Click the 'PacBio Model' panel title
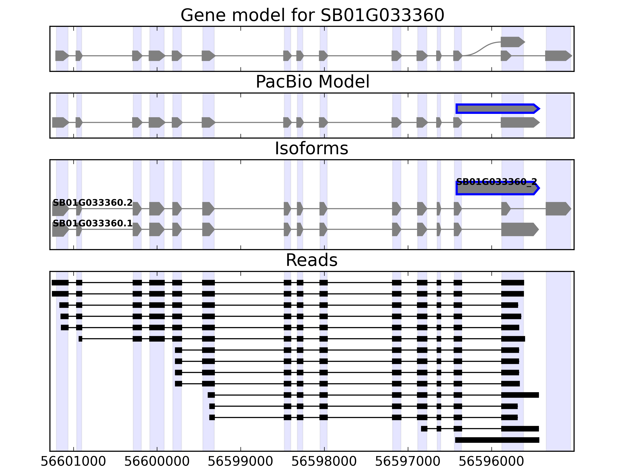point(312,82)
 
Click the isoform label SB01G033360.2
point(93,203)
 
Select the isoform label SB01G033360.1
point(93,223)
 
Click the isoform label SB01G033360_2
point(496,182)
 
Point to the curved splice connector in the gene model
point(481,49)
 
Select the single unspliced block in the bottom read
point(497,440)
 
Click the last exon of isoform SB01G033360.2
point(558,209)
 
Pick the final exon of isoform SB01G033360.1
point(519,229)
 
